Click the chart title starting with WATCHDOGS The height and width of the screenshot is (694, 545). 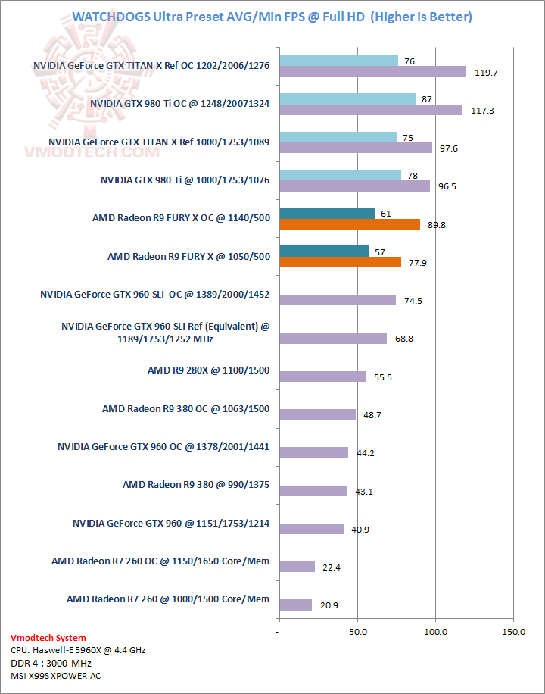click(272, 17)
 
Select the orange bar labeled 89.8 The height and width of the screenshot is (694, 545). click(349, 224)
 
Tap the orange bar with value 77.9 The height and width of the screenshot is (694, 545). click(340, 262)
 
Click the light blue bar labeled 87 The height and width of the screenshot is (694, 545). click(347, 98)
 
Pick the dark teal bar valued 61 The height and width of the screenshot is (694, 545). click(326, 213)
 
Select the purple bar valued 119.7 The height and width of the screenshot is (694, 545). click(372, 72)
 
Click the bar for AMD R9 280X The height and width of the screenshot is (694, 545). click(322, 377)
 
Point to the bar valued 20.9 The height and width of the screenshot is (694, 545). click(295, 605)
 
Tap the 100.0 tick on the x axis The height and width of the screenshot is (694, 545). click(435, 631)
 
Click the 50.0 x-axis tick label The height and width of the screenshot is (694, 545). click(357, 631)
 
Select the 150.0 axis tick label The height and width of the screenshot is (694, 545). click(513, 631)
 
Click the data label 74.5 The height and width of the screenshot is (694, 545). click(413, 301)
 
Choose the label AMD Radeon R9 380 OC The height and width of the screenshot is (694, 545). click(185, 409)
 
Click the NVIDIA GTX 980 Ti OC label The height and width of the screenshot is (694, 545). click(179, 103)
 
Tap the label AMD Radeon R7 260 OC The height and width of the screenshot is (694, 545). click(160, 561)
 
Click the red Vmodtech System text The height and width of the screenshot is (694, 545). click(48, 638)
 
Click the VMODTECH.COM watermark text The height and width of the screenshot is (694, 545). click(83, 152)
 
